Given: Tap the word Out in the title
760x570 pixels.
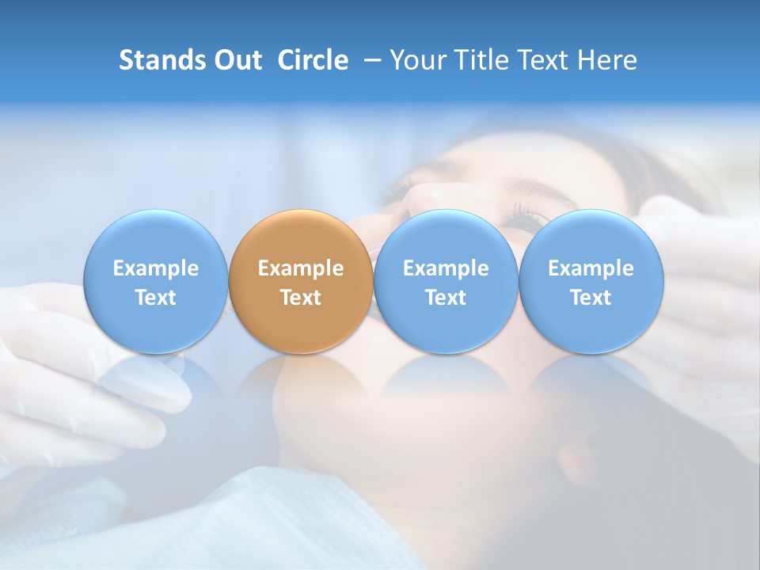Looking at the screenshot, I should pos(236,60).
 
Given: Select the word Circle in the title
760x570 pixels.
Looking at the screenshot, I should pos(313,60).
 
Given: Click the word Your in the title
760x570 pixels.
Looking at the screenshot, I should pos(416,60).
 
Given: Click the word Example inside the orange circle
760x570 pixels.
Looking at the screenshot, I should pos(301,268).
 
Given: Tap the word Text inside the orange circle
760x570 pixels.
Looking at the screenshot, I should pos(301,298).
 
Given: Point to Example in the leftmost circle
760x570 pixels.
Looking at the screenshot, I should pos(156,268).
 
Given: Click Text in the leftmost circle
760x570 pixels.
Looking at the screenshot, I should pos(156,298).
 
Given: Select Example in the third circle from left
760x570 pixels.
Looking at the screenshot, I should pos(446,268).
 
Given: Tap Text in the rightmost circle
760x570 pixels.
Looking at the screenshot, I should pos(591,298).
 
